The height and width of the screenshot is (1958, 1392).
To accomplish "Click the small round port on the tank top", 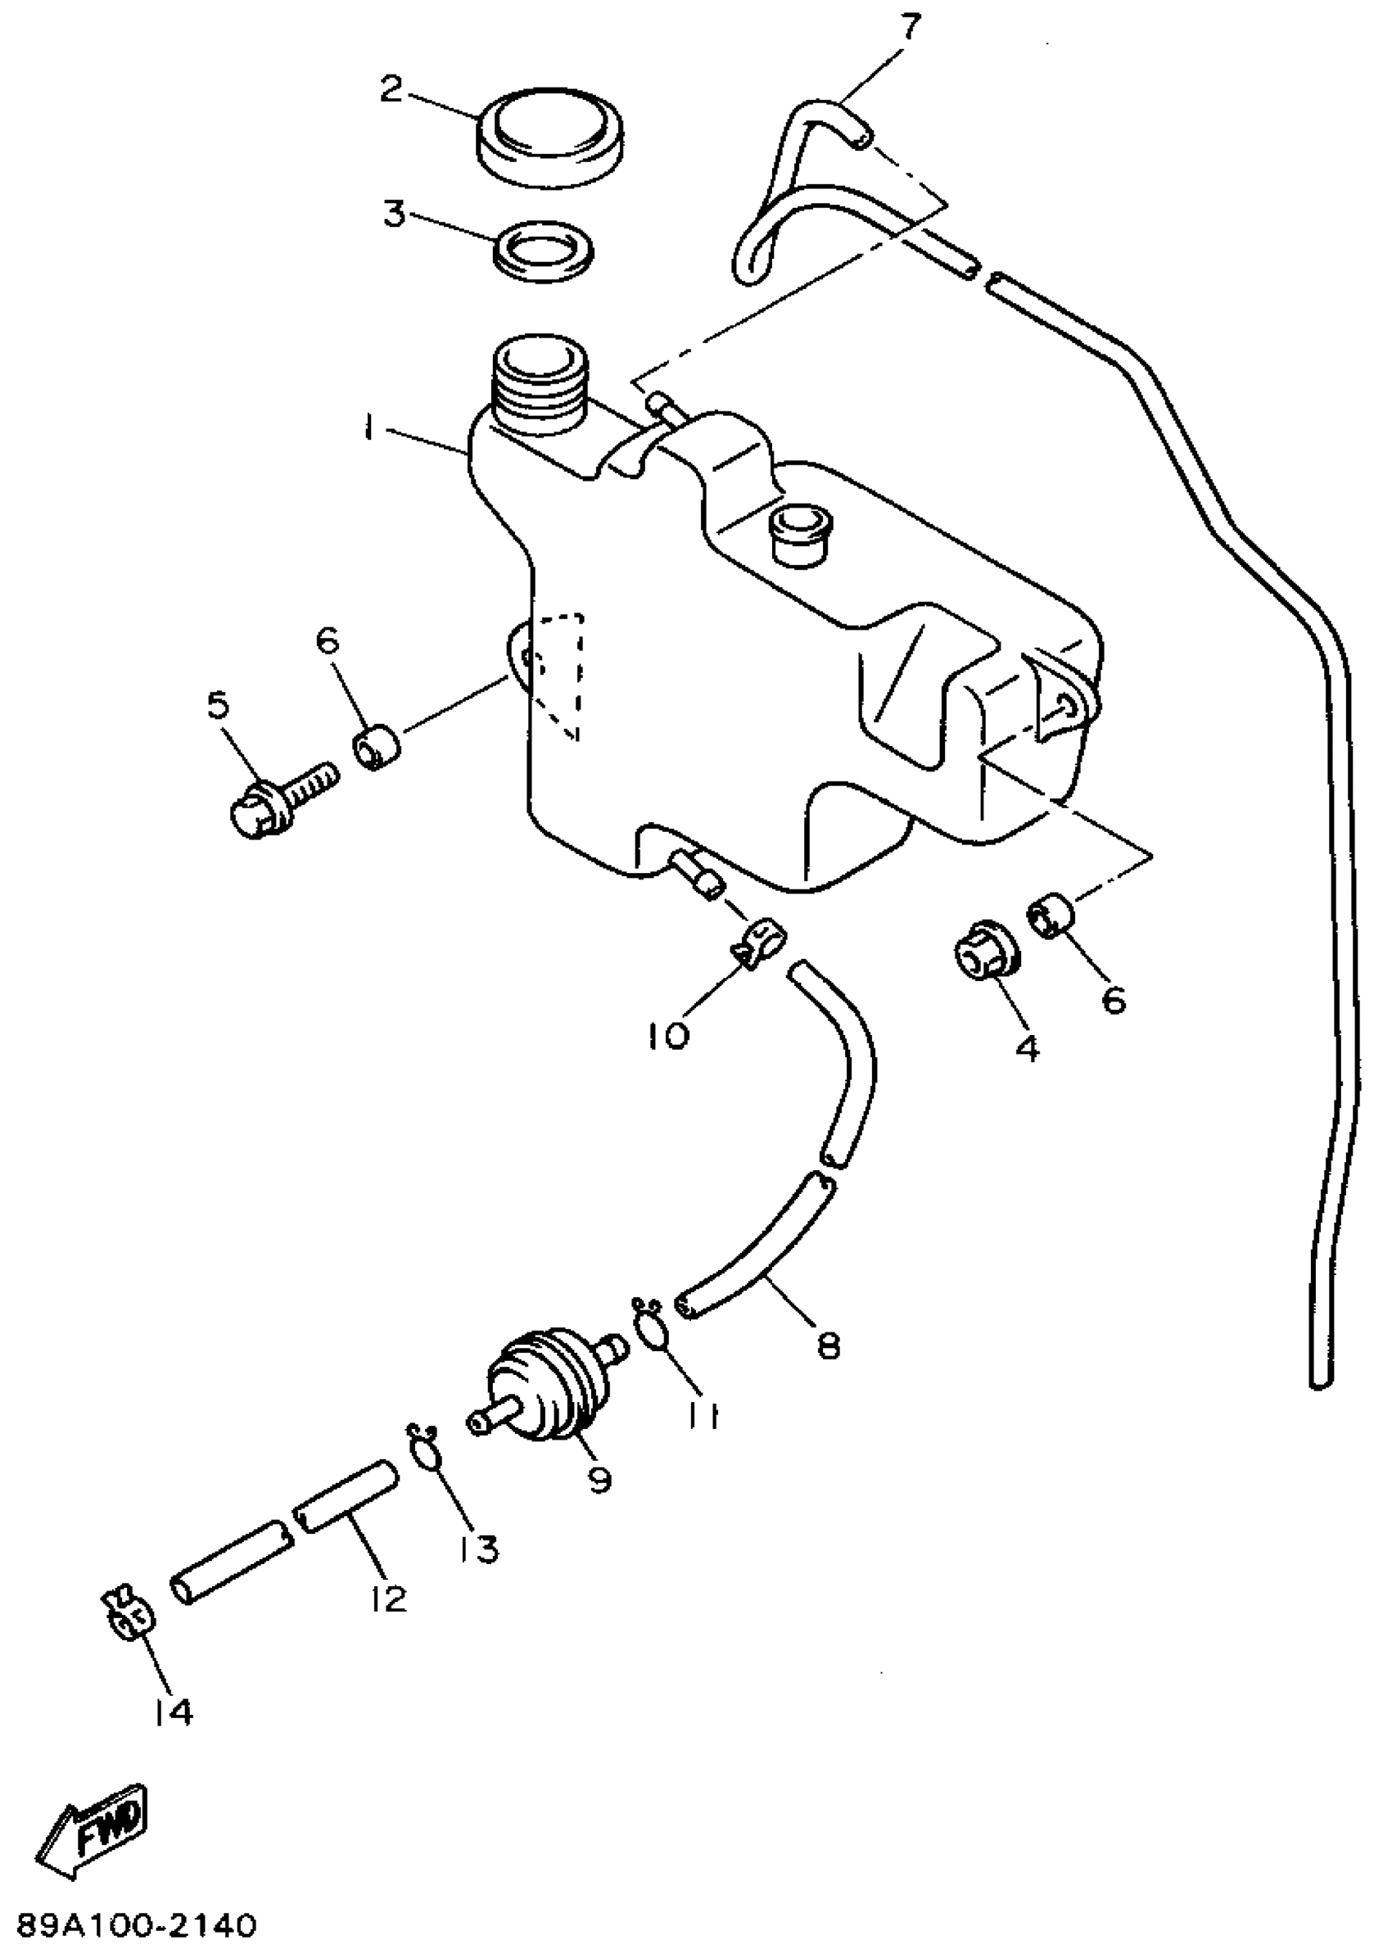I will click(801, 533).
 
